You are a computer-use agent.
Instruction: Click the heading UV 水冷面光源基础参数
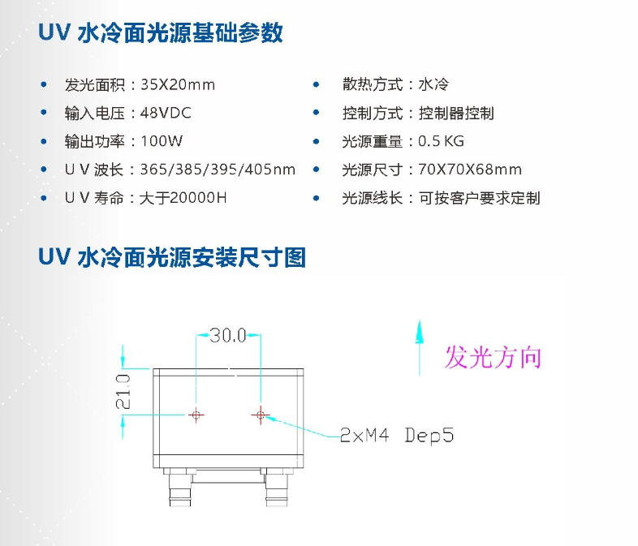click(161, 33)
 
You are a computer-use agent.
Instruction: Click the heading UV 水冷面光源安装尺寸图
click(172, 258)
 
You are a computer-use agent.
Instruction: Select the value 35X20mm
click(178, 84)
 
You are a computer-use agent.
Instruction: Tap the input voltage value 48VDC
click(166, 113)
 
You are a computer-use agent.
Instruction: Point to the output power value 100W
click(162, 141)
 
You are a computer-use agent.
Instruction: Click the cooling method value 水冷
click(434, 84)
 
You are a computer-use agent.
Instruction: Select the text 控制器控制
click(456, 113)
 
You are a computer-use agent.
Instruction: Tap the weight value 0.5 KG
click(442, 141)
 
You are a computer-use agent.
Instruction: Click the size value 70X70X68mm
click(470, 170)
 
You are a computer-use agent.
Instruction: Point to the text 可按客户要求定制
click(479, 198)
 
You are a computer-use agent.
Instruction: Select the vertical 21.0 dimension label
click(123, 389)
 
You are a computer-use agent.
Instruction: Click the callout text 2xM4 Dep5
click(396, 436)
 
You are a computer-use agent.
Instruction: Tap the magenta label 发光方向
click(493, 357)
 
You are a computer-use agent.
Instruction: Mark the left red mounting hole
click(196, 415)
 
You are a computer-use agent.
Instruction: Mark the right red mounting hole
click(260, 415)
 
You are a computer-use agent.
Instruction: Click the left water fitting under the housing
click(179, 486)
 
